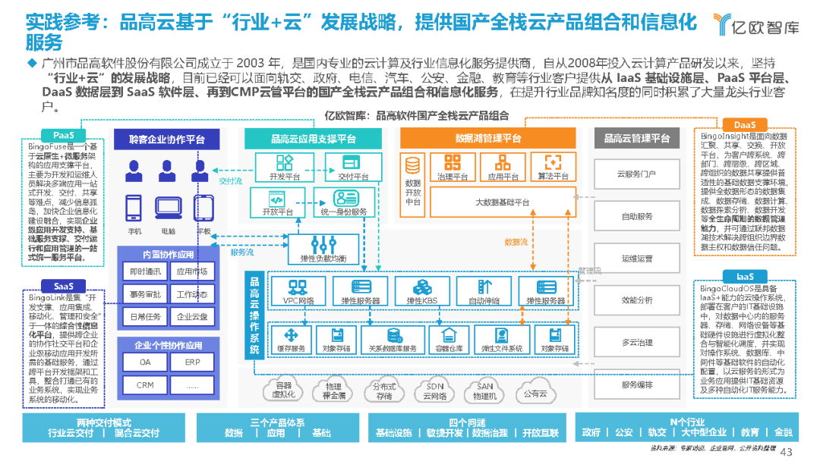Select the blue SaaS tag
tap(63, 286)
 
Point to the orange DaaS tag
tap(744, 124)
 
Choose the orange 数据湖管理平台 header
tap(488, 139)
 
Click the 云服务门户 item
tap(637, 174)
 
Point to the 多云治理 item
tap(637, 342)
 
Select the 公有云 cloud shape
tap(535, 393)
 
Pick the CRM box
tap(145, 384)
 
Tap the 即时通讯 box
tap(145, 271)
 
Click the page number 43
tap(787, 451)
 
